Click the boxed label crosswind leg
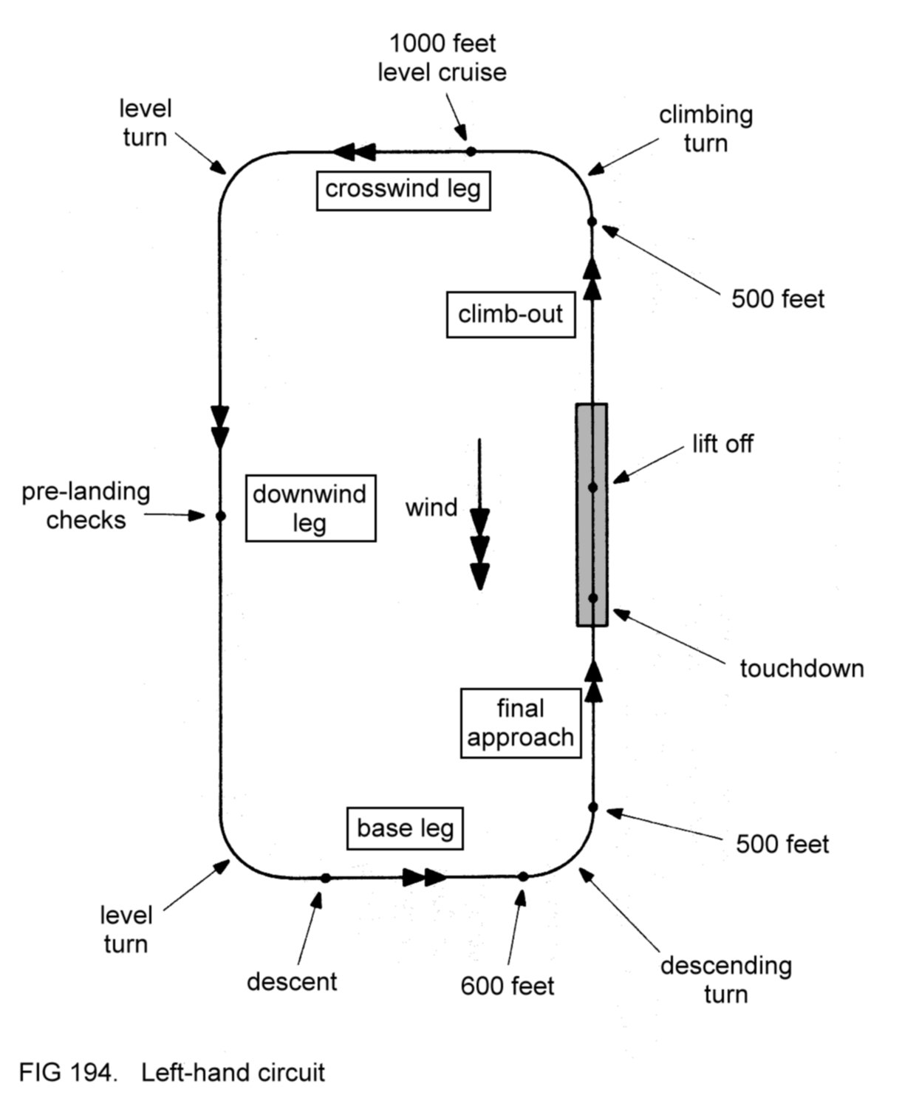403,190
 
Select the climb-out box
510,315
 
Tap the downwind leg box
310,508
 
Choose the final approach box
521,723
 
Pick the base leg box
405,828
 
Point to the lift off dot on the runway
592,488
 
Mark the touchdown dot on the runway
592,598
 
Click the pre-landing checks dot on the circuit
220,516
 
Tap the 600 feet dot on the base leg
523,876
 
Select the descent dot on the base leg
325,878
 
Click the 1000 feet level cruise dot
471,151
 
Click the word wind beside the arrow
431,508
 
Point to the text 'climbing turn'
705,129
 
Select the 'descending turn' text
725,980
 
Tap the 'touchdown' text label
802,669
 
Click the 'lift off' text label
722,444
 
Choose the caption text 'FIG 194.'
67,1072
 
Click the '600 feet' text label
507,986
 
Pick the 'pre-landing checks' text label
86,506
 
